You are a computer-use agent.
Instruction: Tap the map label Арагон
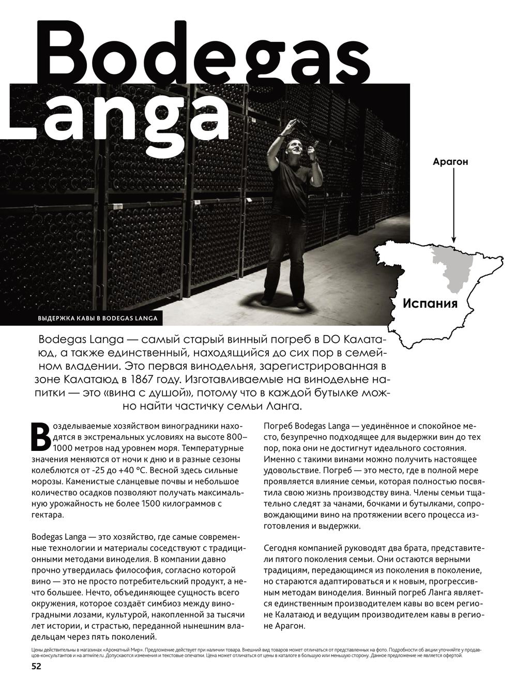click(x=450, y=162)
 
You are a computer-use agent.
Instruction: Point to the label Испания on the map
click(x=430, y=303)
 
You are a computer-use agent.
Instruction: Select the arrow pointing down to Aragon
click(x=453, y=207)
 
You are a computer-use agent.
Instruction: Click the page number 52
click(x=36, y=667)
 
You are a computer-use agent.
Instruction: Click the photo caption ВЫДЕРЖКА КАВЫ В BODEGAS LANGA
click(x=98, y=318)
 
